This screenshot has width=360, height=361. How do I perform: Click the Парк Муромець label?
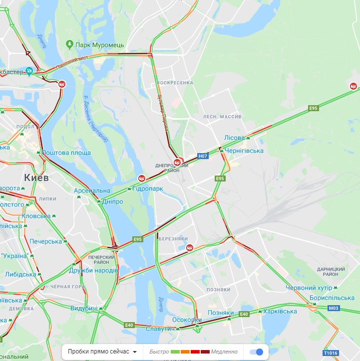point(99,45)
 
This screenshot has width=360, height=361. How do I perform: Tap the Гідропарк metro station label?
point(148,188)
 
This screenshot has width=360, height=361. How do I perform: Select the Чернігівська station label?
point(244,151)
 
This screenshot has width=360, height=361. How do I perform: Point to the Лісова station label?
point(234,138)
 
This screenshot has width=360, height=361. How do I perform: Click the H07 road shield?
point(202,156)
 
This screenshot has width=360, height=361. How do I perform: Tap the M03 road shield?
point(334,308)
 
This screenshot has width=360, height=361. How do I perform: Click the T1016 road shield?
point(331,353)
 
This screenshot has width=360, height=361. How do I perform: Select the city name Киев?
point(36,178)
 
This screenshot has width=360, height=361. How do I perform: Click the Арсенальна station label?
point(92,191)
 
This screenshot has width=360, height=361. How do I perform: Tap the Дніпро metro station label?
point(112,201)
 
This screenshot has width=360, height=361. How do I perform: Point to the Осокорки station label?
point(186,320)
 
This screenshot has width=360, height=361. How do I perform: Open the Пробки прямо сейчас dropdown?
point(102,352)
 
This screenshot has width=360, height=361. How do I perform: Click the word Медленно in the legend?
point(224,352)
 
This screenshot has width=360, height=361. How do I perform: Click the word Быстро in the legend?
point(158,352)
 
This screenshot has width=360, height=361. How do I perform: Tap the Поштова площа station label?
point(66,153)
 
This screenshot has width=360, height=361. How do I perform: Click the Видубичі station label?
point(84,309)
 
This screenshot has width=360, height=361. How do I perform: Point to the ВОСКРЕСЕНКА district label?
point(174,82)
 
